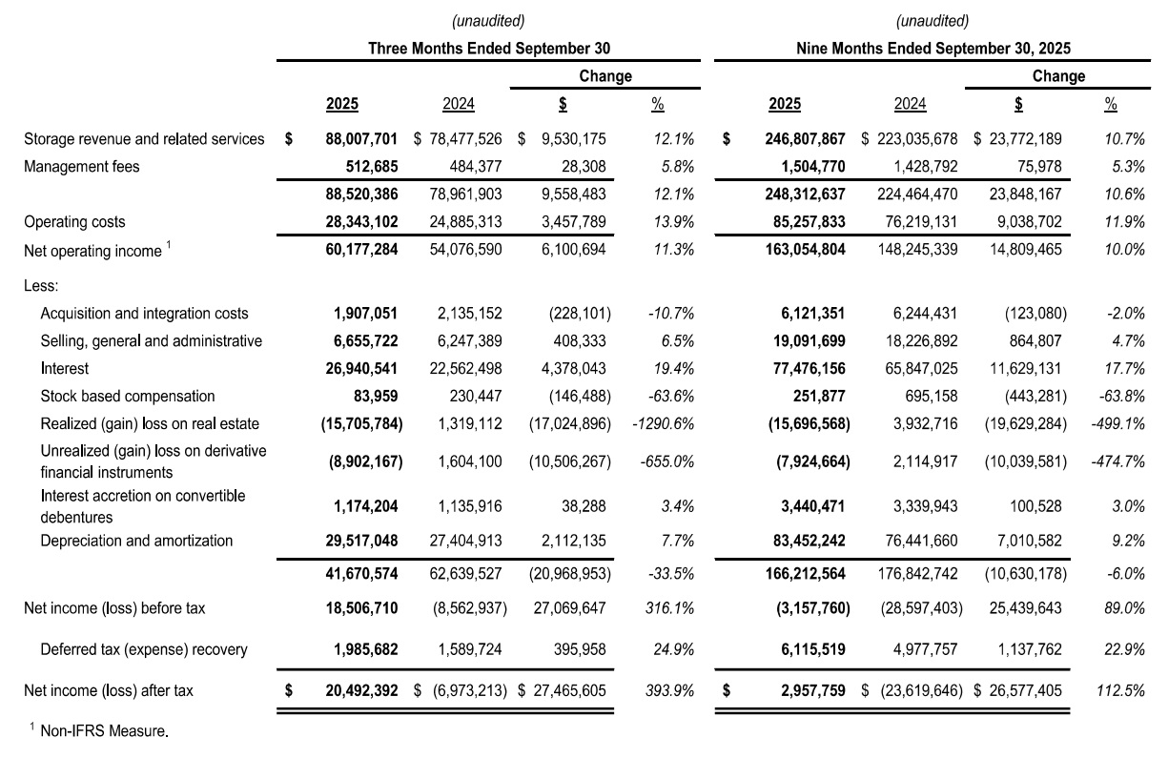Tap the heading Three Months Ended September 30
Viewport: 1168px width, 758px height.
click(489, 48)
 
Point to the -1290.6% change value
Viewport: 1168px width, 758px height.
click(662, 423)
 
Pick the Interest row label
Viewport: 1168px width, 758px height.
click(63, 368)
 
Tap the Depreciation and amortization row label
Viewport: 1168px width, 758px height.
click(136, 541)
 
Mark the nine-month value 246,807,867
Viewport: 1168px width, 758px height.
click(805, 139)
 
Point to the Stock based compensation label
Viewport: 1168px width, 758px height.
click(127, 396)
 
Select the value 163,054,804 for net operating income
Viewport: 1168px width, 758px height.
click(805, 250)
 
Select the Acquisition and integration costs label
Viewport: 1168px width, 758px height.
click(144, 313)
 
